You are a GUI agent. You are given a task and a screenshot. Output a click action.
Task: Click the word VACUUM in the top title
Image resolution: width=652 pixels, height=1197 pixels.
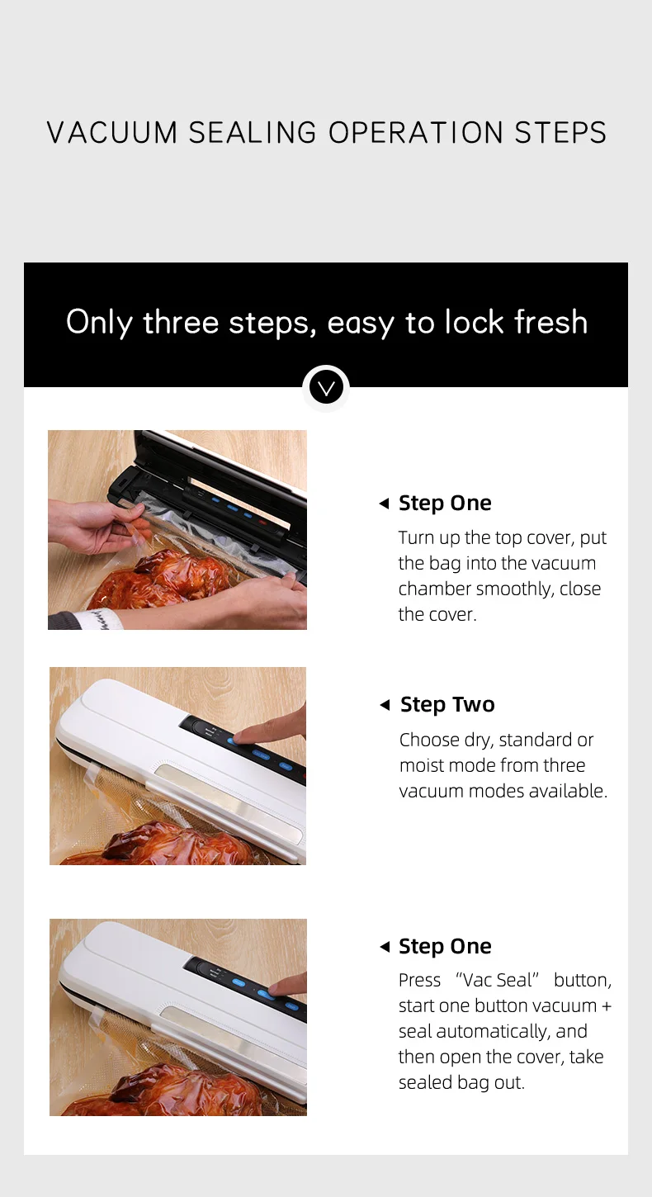[x=112, y=133]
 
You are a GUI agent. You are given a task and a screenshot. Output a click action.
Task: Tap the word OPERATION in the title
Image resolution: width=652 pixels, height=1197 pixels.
[x=417, y=133]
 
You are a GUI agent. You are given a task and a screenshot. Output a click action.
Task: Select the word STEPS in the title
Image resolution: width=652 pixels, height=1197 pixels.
[x=560, y=133]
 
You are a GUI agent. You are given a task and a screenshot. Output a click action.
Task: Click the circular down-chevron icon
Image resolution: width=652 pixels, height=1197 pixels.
[x=326, y=387]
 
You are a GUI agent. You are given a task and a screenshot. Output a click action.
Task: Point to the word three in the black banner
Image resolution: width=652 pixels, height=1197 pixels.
[x=181, y=322]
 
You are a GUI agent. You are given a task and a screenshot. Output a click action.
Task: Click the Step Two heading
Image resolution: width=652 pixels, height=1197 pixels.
[x=447, y=704]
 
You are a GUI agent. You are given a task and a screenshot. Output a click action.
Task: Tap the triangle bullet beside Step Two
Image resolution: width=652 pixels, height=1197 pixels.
[x=384, y=705]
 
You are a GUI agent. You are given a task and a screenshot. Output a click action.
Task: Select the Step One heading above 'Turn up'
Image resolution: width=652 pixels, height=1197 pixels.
[x=445, y=503]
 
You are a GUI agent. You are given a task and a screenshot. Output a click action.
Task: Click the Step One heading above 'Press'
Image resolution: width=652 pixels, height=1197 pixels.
[x=445, y=946]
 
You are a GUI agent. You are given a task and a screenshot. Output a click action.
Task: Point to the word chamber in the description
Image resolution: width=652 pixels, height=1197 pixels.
[x=434, y=589]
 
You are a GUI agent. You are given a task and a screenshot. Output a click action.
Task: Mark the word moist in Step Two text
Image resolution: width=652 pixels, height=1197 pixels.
[x=423, y=765]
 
